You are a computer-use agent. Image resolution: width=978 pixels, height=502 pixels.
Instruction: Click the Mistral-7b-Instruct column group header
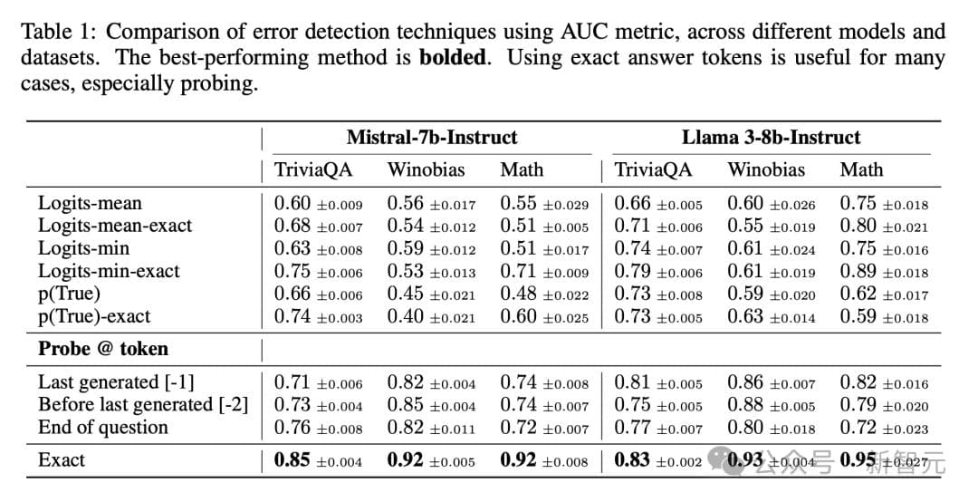click(431, 138)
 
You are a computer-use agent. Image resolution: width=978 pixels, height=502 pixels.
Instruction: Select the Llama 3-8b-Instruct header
click(771, 138)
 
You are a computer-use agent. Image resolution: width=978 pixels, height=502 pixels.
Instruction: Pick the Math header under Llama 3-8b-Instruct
click(861, 169)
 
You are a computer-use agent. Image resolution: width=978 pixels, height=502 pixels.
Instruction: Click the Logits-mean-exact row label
click(115, 226)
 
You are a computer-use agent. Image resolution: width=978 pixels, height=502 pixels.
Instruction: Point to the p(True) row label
click(70, 294)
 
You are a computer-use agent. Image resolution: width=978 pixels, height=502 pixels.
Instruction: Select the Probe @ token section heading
click(103, 349)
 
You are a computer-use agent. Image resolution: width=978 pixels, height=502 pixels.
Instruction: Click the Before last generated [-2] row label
click(143, 405)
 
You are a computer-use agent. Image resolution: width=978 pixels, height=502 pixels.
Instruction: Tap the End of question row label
click(103, 428)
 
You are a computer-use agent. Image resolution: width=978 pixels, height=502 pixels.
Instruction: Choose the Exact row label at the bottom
click(62, 460)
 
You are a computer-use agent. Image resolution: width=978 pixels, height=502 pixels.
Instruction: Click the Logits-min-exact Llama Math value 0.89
click(858, 271)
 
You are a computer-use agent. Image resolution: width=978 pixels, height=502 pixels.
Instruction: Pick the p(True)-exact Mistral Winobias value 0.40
click(406, 316)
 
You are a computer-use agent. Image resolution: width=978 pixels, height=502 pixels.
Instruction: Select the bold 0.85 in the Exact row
click(292, 460)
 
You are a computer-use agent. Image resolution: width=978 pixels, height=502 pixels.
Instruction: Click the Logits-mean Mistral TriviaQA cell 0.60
click(292, 204)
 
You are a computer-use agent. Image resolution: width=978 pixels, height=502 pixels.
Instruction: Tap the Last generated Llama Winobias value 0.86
click(745, 382)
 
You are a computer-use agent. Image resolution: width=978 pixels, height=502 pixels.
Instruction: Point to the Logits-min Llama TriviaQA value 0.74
click(632, 248)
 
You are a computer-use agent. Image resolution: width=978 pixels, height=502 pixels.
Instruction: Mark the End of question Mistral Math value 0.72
click(519, 428)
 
